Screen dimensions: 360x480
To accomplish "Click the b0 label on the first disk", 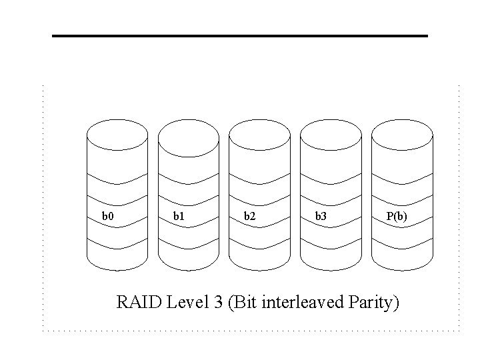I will tap(107, 216).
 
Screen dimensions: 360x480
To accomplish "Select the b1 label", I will tap(179, 216).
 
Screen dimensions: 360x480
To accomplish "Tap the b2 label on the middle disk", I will tap(249, 216).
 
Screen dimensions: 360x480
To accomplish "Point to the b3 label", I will tap(321, 216).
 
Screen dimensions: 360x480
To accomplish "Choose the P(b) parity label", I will tap(397, 216).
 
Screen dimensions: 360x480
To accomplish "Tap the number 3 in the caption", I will tap(219, 303).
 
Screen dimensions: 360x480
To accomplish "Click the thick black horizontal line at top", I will tap(240, 35).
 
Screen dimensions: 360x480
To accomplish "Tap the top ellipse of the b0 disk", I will tap(117, 135).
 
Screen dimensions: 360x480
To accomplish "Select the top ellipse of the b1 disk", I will tap(188, 135).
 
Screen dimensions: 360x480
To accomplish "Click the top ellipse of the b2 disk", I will tap(259, 135).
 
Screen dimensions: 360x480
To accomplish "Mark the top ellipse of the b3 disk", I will tap(331, 135).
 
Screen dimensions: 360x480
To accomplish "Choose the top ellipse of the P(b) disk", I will tap(402, 135).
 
